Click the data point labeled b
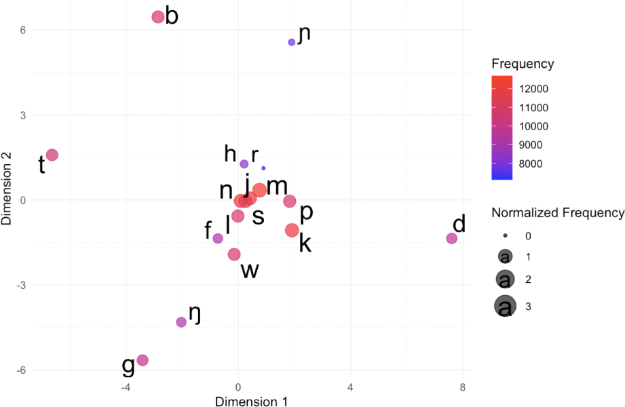click(x=158, y=17)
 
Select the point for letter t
click(x=52, y=155)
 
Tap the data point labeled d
click(x=451, y=238)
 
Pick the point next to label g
click(x=143, y=360)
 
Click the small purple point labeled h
click(x=244, y=163)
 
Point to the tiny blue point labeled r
click(x=263, y=168)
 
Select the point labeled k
click(x=292, y=231)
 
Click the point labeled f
click(x=218, y=238)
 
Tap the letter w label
click(x=250, y=271)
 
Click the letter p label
click(x=306, y=212)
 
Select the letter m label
click(x=277, y=187)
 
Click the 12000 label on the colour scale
click(x=534, y=89)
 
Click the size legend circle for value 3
click(x=505, y=307)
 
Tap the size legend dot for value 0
click(x=505, y=235)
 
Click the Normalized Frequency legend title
click(x=557, y=213)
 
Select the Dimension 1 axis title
click(x=251, y=402)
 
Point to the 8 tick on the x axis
click(x=462, y=387)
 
